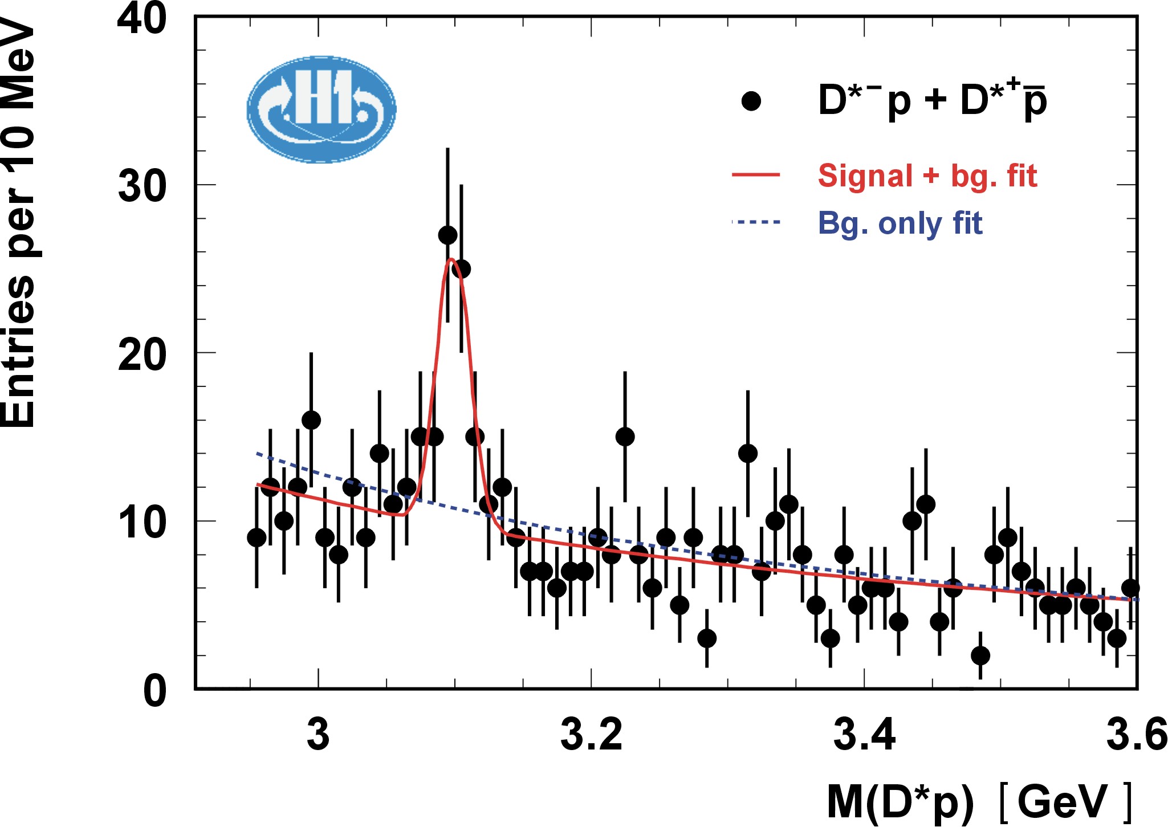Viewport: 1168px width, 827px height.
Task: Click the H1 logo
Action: (x=321, y=109)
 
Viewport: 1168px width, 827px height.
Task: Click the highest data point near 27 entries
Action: (x=447, y=235)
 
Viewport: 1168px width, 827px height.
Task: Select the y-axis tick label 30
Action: (x=142, y=186)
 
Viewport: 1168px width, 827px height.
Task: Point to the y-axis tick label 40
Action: (x=142, y=18)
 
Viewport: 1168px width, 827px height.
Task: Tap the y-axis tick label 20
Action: (x=142, y=354)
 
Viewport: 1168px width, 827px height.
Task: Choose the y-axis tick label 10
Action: (x=142, y=522)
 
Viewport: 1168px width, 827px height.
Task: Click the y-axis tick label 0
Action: (x=154, y=691)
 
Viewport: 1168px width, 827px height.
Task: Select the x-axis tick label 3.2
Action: (x=591, y=735)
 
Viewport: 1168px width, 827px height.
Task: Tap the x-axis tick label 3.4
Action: (x=864, y=735)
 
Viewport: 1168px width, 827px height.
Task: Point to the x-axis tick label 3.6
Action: (x=1136, y=735)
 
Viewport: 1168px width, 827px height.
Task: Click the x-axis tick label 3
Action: (x=318, y=735)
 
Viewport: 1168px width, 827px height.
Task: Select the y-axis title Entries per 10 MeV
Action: (x=18, y=222)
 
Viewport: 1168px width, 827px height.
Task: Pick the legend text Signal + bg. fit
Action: (x=927, y=176)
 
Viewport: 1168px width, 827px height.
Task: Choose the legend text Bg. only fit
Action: (x=900, y=223)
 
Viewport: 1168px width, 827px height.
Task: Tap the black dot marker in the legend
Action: (x=751, y=101)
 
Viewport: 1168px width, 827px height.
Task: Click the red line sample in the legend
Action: (x=755, y=174)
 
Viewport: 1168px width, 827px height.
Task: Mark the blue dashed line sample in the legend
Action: (x=755, y=222)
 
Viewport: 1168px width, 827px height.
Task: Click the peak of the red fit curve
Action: (x=451, y=260)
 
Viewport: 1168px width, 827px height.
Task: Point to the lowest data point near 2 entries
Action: (x=980, y=655)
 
